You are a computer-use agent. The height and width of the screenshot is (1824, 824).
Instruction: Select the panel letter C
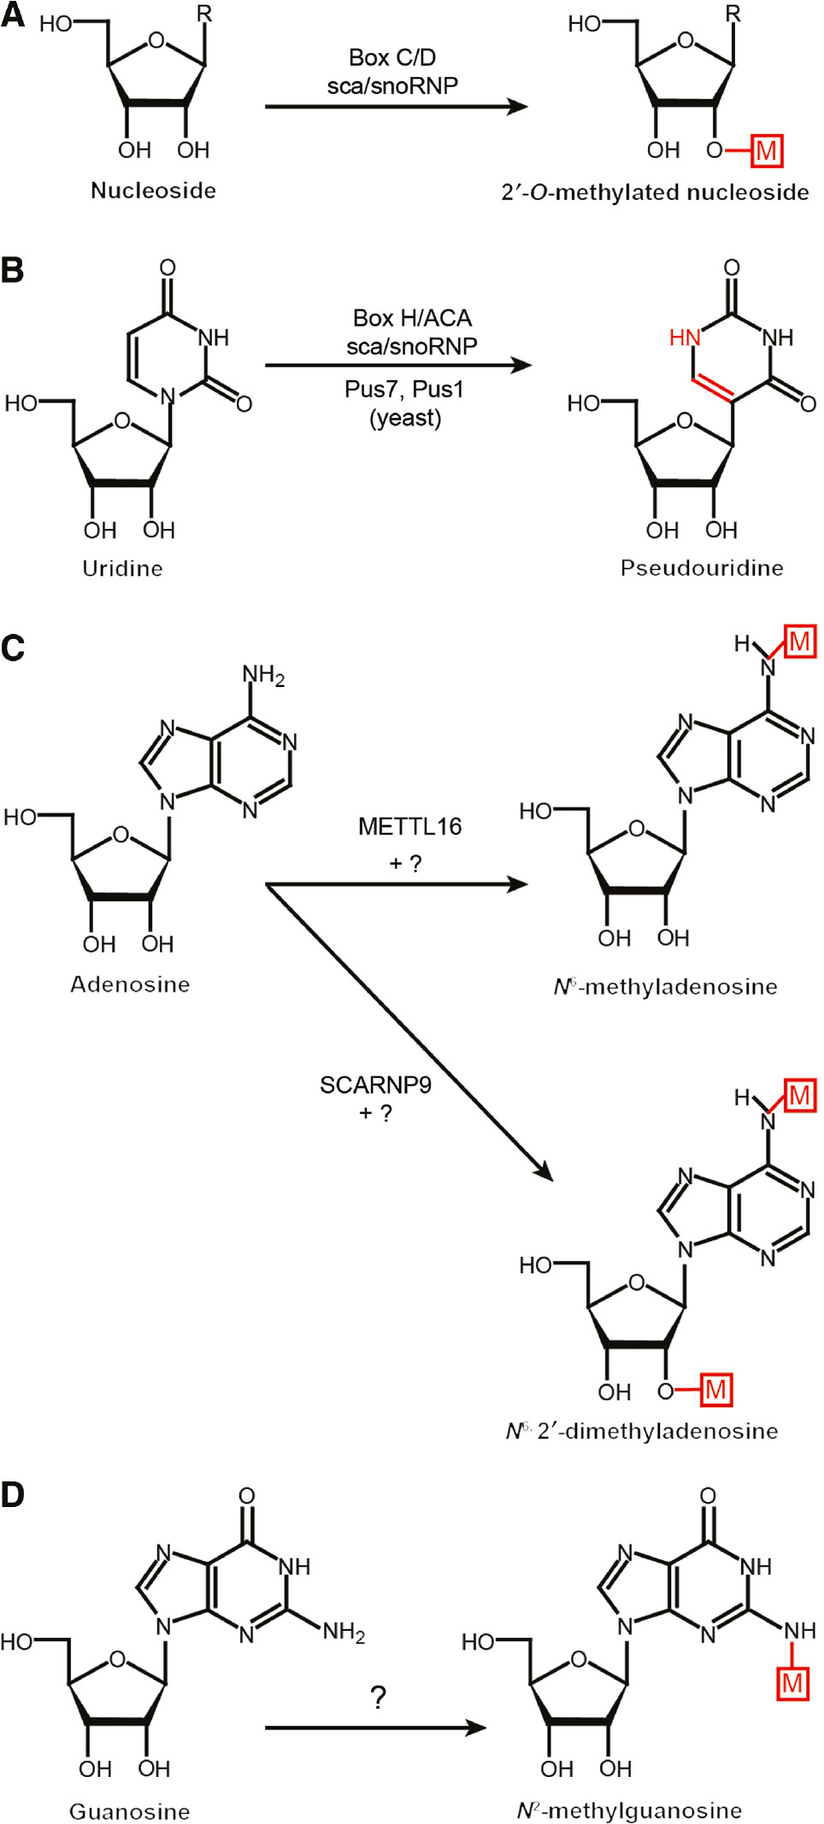[x=13, y=648]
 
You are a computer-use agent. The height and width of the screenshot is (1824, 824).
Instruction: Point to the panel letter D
[x=13, y=1494]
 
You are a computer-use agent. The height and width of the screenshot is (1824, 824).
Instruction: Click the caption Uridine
[x=122, y=568]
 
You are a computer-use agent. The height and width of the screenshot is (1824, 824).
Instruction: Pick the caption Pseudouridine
[x=702, y=568]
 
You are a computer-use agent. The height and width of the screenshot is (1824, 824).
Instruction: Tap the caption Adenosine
[x=130, y=984]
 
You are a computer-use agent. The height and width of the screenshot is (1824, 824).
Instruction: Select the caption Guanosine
[x=129, y=1810]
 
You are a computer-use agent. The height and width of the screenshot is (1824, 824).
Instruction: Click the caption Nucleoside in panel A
[x=153, y=190]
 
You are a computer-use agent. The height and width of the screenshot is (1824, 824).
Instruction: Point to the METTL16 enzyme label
[x=409, y=826]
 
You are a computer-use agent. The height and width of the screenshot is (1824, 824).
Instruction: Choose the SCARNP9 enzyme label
[x=375, y=1085]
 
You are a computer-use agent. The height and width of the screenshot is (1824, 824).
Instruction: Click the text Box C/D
[x=392, y=57]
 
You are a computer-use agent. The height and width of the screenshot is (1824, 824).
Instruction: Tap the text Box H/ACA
[x=412, y=318]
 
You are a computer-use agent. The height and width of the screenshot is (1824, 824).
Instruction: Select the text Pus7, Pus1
[x=404, y=390]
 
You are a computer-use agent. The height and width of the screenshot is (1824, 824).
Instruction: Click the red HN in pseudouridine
[x=685, y=338]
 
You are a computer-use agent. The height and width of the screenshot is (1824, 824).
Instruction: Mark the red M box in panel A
[x=766, y=151]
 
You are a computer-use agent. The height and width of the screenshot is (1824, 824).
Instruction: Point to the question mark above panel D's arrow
[x=379, y=1697]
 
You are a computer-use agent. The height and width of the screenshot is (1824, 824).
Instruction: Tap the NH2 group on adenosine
[x=263, y=676]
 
